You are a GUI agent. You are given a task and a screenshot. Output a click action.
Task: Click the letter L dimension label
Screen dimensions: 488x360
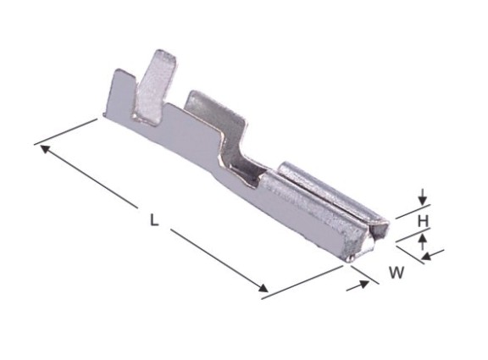154,219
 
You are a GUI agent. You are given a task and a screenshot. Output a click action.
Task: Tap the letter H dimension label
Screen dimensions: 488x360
423,221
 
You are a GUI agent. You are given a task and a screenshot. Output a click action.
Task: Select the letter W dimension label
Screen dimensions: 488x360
396,272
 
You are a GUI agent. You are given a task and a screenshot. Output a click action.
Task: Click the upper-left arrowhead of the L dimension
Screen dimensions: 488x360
46,149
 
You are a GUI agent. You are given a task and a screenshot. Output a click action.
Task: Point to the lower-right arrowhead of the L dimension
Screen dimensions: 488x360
263,288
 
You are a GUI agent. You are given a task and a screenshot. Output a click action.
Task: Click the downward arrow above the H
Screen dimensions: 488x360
422,197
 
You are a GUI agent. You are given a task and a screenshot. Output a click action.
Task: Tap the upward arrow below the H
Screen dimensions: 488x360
422,241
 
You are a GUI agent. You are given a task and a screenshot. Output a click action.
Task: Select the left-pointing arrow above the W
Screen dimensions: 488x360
433,254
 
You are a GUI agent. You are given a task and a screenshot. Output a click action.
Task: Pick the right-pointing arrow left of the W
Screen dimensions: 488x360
358,285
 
